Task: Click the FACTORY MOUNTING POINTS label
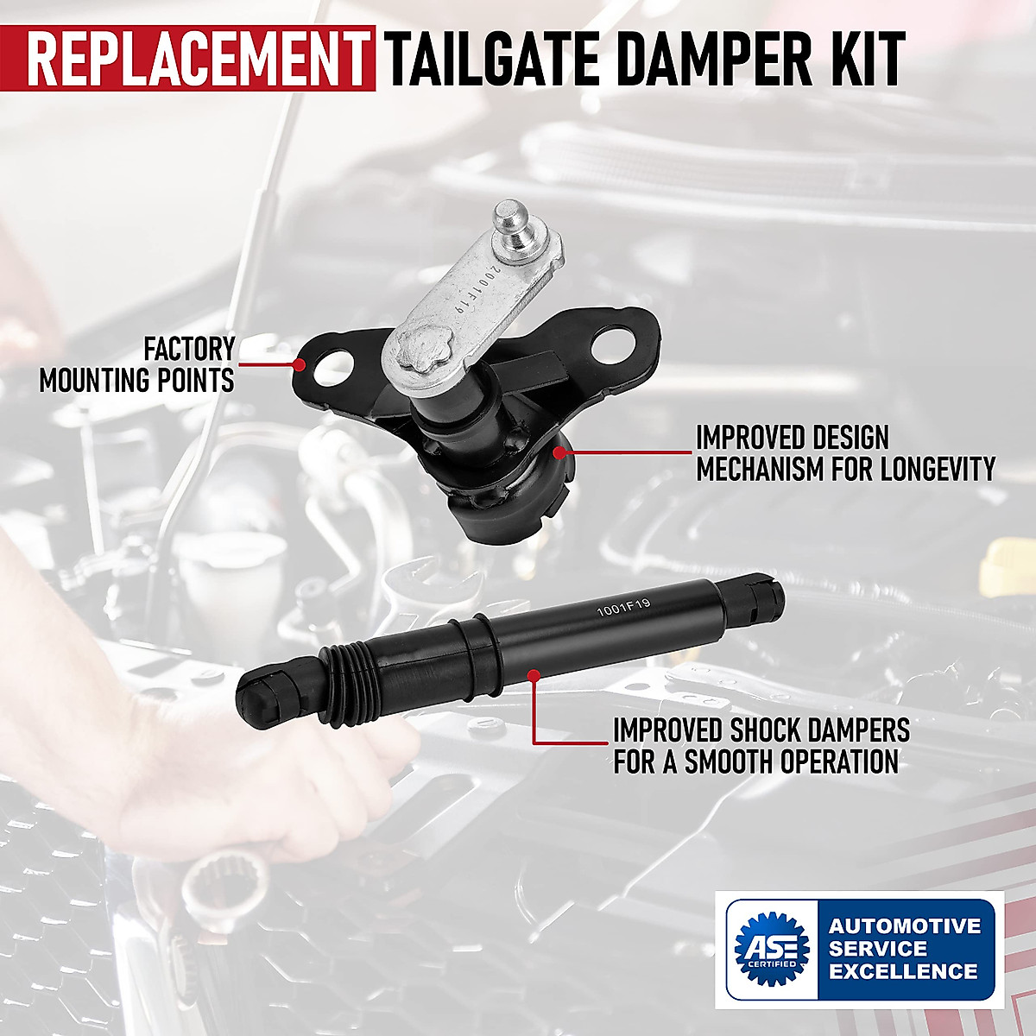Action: coord(138,364)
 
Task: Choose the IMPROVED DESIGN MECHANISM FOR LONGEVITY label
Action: coord(844,453)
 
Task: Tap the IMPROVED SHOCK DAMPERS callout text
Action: coord(760,746)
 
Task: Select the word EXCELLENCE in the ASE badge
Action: coord(903,971)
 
